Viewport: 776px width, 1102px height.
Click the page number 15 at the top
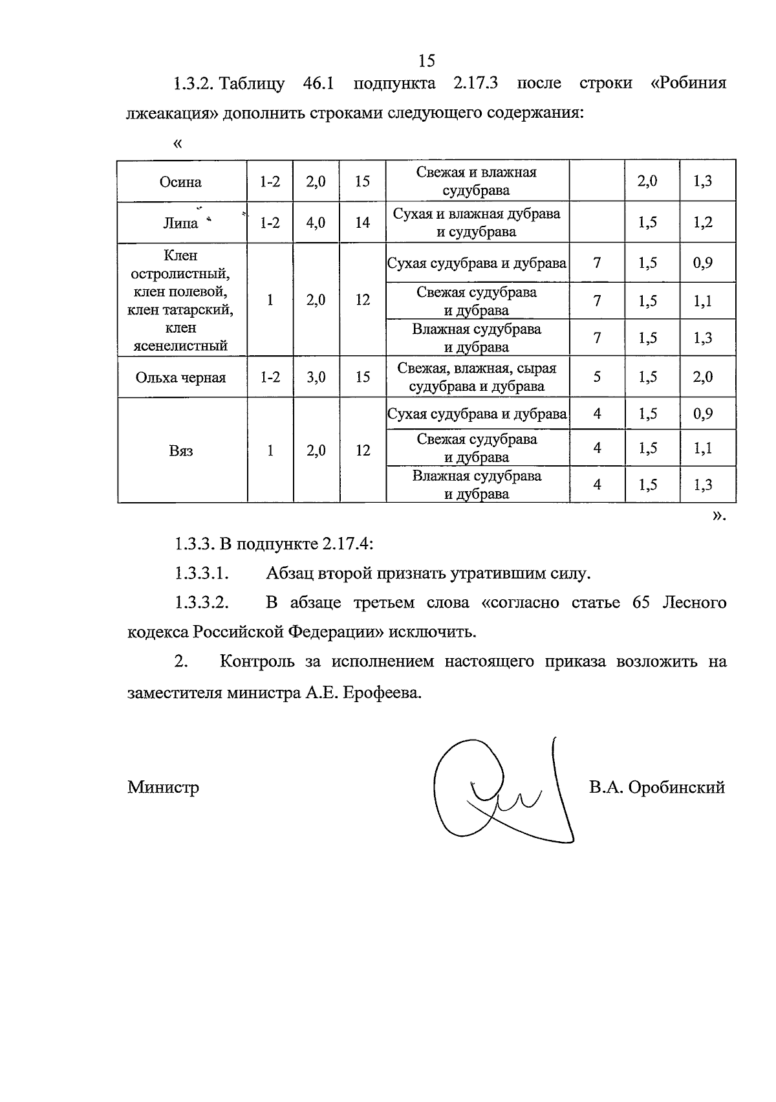click(x=427, y=61)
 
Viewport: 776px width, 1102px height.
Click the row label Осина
click(x=181, y=182)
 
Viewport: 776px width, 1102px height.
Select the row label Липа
click(x=180, y=223)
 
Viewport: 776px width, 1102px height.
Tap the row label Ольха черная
click(x=181, y=378)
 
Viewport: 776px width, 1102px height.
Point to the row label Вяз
click(x=181, y=451)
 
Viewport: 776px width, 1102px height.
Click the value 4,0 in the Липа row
click(x=316, y=223)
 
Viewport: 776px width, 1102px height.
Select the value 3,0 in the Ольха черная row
click(x=316, y=377)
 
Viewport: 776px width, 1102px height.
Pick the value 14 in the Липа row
click(x=363, y=223)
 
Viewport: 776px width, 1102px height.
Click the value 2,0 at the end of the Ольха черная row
click(x=703, y=377)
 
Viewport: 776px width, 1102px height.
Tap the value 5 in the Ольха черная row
click(x=597, y=377)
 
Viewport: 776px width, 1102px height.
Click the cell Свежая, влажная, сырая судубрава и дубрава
click(x=477, y=377)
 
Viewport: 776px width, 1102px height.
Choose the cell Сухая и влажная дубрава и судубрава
click(x=477, y=223)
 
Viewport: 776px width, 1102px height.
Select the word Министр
click(x=164, y=788)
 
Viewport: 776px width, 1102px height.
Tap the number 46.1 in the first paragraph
click(x=318, y=83)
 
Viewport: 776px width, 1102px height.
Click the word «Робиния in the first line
click(x=688, y=83)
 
